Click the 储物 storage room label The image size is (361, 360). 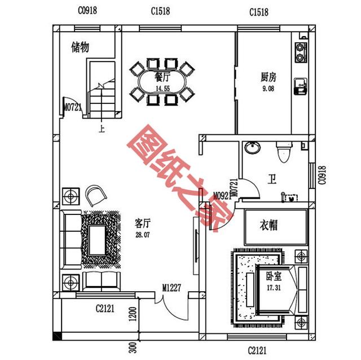(80, 47)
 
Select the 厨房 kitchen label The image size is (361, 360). (268, 77)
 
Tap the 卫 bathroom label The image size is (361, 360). (272, 181)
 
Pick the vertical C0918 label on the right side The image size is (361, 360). (322, 175)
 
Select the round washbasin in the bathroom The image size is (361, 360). (252, 148)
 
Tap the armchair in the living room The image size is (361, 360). (96, 195)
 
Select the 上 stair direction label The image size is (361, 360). (102, 128)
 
